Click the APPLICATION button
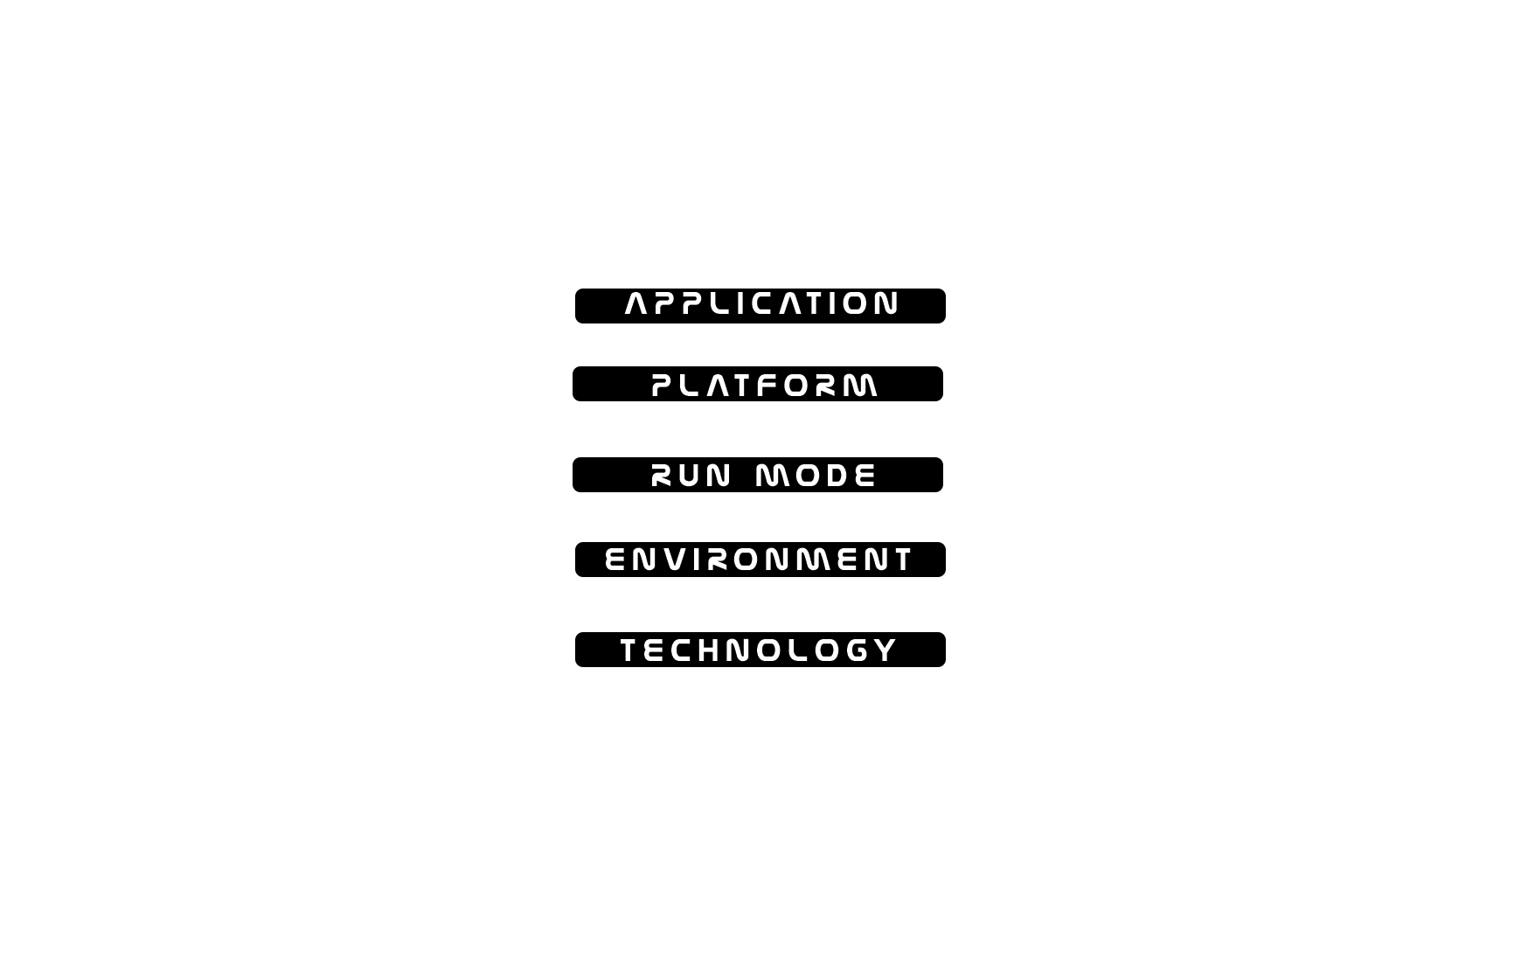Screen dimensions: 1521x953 pos(760,306)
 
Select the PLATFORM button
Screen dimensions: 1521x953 pos(758,384)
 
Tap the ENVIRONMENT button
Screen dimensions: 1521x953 pos(760,560)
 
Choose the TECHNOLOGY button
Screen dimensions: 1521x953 pos(760,650)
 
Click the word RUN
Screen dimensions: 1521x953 pos(691,476)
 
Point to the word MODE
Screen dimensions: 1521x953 pos(816,476)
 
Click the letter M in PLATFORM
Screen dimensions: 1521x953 pos(861,386)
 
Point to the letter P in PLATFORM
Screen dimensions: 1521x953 pos(663,386)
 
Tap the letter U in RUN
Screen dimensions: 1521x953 pos(691,476)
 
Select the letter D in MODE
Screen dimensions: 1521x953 pos(832,476)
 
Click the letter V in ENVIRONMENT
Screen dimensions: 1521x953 pos(673,560)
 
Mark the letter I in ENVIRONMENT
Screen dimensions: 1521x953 pos(696,560)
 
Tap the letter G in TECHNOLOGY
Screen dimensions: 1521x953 pos(857,650)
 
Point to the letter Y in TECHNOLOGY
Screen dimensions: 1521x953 pos(886,650)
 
